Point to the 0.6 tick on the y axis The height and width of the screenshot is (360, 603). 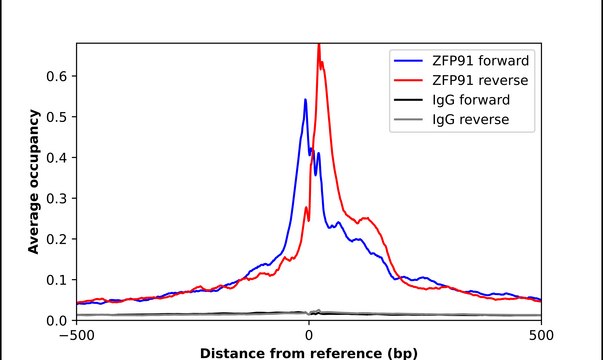[x=58, y=76]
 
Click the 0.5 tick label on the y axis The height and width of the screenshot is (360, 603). [x=58, y=117]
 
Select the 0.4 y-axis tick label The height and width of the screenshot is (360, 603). [x=58, y=158]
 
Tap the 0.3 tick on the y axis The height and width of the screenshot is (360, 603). [x=58, y=198]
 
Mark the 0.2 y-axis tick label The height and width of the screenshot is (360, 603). [x=58, y=239]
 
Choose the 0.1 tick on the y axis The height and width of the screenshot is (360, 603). [x=58, y=280]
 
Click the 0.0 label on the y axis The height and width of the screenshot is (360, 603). [x=58, y=320]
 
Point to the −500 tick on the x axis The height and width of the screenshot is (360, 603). [x=76, y=335]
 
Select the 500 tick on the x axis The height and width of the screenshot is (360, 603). [x=540, y=335]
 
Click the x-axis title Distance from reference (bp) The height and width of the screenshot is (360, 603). [x=308, y=352]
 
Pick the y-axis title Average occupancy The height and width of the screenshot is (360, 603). [x=34, y=182]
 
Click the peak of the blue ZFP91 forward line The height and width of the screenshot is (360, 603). [x=305, y=99]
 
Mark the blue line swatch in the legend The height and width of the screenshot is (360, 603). [x=409, y=60]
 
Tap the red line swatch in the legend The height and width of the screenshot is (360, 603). [x=409, y=80]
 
